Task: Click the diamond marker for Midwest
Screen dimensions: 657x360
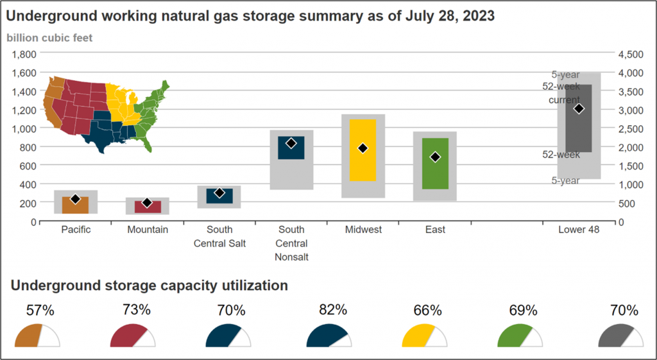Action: (363, 148)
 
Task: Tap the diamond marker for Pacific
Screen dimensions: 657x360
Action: (76, 199)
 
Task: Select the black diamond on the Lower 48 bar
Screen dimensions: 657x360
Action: (579, 108)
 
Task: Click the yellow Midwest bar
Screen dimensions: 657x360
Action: (363, 150)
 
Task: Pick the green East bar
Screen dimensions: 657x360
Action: (436, 164)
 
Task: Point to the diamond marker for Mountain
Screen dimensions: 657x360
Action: (147, 202)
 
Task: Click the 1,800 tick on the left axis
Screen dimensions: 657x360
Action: (24, 54)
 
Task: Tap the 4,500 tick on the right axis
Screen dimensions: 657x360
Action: (631, 55)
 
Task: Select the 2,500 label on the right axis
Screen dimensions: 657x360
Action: (631, 128)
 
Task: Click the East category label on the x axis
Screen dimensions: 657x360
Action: (436, 230)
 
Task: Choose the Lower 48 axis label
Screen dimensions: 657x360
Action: (579, 230)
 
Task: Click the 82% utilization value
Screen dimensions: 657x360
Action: (327, 310)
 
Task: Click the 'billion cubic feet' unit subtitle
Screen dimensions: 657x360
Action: (49, 38)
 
